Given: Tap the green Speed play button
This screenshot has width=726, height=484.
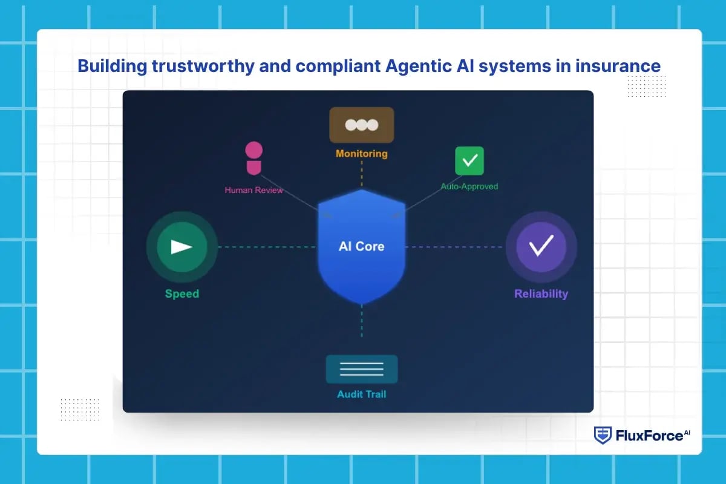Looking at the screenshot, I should pyautogui.click(x=181, y=247).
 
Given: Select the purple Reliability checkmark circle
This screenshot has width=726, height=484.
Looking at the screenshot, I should pyautogui.click(x=541, y=246).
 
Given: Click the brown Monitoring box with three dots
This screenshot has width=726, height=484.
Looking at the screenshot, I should pyautogui.click(x=362, y=125).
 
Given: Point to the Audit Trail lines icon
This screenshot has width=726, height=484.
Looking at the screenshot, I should pyautogui.click(x=362, y=369).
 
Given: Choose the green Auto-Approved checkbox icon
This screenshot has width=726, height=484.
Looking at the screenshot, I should pyautogui.click(x=469, y=161).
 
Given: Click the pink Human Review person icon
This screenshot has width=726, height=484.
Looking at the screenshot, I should pyautogui.click(x=253, y=159).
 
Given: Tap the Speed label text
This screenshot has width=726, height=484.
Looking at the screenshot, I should pyautogui.click(x=181, y=294).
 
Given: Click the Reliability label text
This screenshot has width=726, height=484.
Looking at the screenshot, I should pyautogui.click(x=541, y=294).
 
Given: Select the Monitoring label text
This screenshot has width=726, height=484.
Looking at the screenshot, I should pyautogui.click(x=362, y=154).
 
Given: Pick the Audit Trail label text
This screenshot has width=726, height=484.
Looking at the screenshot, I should pyautogui.click(x=362, y=394).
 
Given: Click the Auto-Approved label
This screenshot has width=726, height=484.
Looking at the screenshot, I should pyautogui.click(x=469, y=186).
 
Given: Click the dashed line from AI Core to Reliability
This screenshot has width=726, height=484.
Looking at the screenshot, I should pyautogui.click(x=454, y=247).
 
